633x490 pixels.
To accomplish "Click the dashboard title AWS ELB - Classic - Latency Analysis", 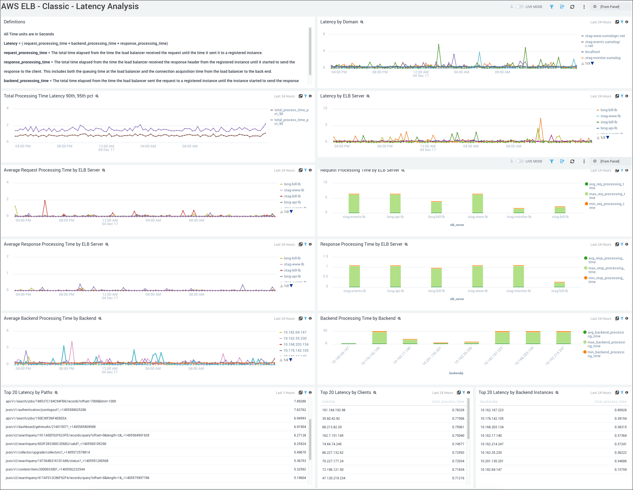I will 70,6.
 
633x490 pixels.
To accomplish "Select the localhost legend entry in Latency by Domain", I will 592,52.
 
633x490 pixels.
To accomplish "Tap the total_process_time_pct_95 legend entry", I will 291,122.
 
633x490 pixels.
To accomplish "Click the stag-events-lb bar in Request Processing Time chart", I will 354,203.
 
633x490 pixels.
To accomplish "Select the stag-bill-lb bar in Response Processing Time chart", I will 559,284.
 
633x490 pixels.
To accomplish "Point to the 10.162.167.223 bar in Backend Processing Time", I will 502,337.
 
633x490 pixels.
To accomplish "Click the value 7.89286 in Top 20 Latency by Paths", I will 300,401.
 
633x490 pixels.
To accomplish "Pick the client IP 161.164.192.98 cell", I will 334,410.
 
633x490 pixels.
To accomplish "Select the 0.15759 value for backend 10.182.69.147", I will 620,470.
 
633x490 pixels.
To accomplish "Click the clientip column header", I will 328,402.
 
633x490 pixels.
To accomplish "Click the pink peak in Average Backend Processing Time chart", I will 72,343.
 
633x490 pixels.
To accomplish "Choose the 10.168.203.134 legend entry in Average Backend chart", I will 296,344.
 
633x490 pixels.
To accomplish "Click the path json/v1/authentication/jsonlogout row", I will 46,410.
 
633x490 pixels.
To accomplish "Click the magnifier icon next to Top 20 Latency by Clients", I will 374,393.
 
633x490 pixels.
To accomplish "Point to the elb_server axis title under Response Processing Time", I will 457,299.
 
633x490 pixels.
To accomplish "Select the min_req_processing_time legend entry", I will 606,206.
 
